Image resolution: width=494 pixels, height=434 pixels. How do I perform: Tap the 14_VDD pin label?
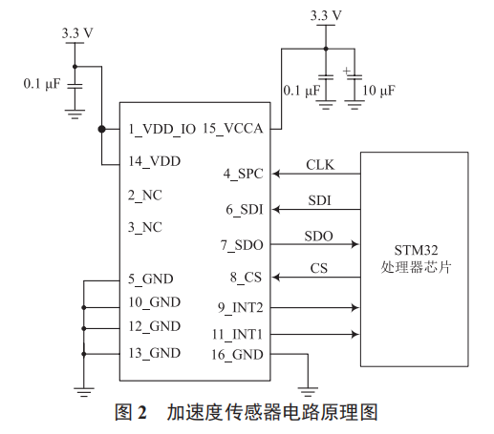(x=154, y=161)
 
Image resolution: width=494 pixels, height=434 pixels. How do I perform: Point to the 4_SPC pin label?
(x=244, y=174)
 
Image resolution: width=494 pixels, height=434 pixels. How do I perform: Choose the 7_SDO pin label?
(x=242, y=244)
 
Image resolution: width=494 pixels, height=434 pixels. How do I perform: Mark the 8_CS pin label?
(x=247, y=278)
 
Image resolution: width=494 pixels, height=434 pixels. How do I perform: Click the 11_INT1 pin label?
(x=238, y=335)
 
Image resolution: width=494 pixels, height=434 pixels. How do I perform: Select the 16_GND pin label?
(x=238, y=354)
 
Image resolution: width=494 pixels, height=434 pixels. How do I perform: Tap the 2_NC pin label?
(x=145, y=195)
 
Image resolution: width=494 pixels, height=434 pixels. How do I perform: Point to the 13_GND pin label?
(x=154, y=352)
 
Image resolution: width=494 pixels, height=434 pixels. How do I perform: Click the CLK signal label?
(x=320, y=164)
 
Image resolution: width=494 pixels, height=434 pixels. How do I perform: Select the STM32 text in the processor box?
(x=414, y=250)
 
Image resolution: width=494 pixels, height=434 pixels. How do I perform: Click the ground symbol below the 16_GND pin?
(x=307, y=389)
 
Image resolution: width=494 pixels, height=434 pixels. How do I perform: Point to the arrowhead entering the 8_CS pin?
(x=277, y=278)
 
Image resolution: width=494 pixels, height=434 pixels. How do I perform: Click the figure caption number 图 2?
(x=129, y=413)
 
